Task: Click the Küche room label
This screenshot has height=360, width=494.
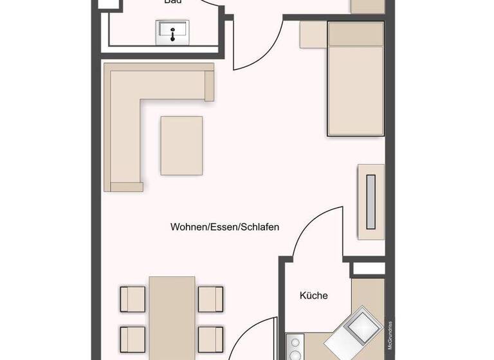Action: pyautogui.click(x=314, y=296)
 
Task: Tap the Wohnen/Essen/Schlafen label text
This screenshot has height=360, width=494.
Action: pyautogui.click(x=224, y=227)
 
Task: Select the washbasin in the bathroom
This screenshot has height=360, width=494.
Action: pyautogui.click(x=173, y=31)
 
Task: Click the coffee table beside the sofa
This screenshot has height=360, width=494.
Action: pyautogui.click(x=181, y=145)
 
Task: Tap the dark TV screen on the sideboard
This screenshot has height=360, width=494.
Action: pyautogui.click(x=371, y=201)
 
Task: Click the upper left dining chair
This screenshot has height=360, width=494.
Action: pyautogui.click(x=133, y=299)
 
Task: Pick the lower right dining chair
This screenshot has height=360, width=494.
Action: pyautogui.click(x=210, y=339)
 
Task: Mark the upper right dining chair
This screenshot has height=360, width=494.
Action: pyautogui.click(x=210, y=299)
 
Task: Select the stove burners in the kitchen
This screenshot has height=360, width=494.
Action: pyautogui.click(x=295, y=347)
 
